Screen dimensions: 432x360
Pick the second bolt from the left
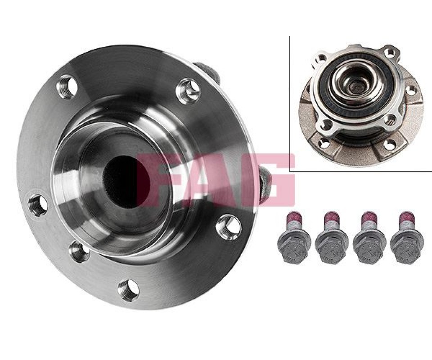(330, 238)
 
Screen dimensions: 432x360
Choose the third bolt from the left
(369, 238)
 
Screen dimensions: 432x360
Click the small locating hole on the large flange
(79, 252)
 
